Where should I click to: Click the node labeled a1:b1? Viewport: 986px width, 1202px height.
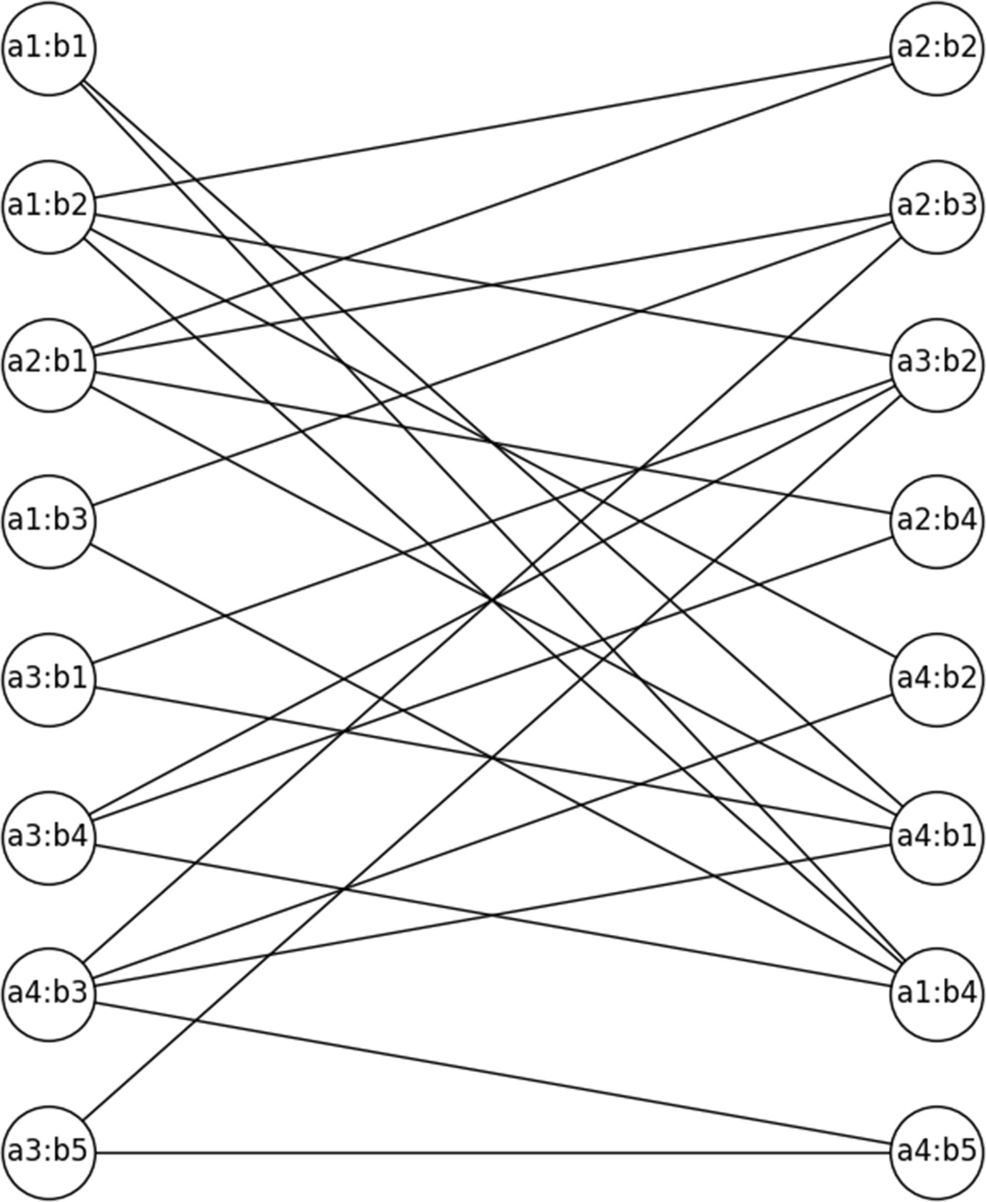pos(48,49)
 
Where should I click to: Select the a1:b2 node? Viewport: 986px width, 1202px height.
pos(48,206)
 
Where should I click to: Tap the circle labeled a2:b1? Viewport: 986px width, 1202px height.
pos(48,365)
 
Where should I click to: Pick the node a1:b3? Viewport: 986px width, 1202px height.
pos(48,521)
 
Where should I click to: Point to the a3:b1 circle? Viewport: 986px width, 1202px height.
pos(48,680)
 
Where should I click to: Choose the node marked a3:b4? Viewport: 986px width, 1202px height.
pos(48,837)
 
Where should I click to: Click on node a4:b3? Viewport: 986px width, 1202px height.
pos(48,994)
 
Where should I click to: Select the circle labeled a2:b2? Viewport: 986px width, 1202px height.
pos(937,49)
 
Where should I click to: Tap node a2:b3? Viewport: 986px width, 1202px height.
pos(937,206)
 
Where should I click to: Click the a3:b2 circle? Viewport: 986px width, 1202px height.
pos(937,365)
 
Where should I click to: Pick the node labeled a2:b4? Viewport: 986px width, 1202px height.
pos(937,521)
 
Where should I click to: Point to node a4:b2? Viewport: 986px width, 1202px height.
pos(937,680)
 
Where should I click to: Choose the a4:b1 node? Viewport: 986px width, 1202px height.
pos(937,837)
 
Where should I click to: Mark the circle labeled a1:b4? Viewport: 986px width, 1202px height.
pos(937,994)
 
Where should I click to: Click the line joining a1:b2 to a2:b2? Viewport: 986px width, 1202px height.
pos(493,128)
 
